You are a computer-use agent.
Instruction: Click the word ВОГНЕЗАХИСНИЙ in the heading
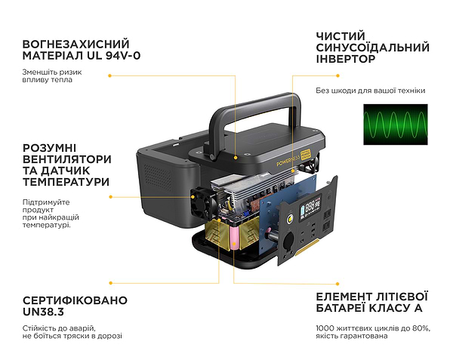point(75,45)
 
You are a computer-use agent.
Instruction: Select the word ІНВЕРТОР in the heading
point(346,59)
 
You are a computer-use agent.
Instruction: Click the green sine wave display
point(395,125)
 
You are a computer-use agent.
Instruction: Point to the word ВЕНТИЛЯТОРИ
point(66,159)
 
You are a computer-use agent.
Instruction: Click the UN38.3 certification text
point(43,312)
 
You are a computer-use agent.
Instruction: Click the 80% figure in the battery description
point(421,328)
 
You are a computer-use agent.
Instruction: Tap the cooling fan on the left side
point(202,203)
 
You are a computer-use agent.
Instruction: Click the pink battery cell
point(235,238)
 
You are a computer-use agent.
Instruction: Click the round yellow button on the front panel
point(289,219)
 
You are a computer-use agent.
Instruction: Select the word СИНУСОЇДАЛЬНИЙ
point(373,48)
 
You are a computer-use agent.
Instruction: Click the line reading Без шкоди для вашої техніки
point(371,91)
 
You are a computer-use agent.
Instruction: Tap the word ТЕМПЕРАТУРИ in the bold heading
point(66,182)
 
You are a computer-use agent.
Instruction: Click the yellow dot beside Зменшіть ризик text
point(109,75)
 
